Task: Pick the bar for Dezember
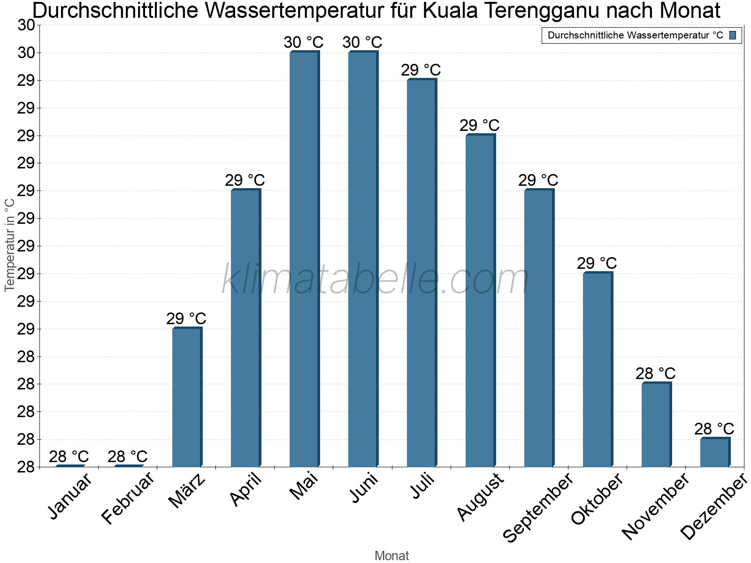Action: [715, 452]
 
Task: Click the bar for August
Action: [480, 301]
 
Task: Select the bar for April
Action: [245, 328]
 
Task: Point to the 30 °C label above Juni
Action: [362, 43]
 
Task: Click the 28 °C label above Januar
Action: [69, 456]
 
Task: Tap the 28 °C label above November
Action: [655, 374]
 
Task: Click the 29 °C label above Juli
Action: [421, 70]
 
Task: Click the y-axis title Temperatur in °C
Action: [10, 245]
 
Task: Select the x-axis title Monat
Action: [391, 556]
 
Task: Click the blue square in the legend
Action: [733, 35]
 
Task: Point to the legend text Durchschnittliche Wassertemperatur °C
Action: [635, 35]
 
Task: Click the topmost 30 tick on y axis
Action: [26, 25]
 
